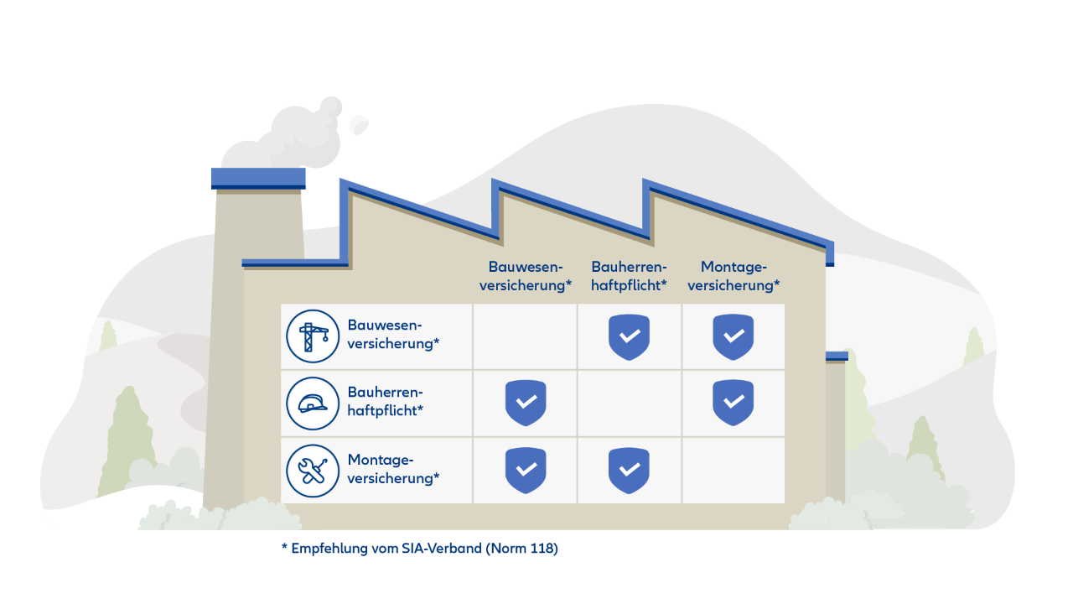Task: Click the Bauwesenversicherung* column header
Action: tap(525, 276)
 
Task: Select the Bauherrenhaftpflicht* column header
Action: tap(629, 276)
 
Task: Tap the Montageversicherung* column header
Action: tap(733, 276)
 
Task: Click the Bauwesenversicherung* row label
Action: tap(393, 334)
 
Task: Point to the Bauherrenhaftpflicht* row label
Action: tap(385, 401)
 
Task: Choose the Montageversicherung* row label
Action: tap(393, 469)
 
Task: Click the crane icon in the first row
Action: tap(313, 336)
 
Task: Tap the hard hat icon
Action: tap(313, 404)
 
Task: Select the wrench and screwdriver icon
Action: tap(313, 471)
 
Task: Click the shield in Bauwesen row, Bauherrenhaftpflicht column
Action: tap(630, 336)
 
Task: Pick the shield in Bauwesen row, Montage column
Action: tap(733, 336)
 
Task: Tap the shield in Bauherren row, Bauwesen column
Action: tap(526, 403)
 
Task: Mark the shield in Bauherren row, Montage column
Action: tap(733, 403)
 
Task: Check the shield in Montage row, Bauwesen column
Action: tap(526, 470)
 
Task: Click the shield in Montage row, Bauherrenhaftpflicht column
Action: tap(630, 470)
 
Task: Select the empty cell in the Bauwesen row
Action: tap(526, 336)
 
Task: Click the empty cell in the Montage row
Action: tap(733, 470)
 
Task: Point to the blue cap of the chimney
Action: tap(258, 177)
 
